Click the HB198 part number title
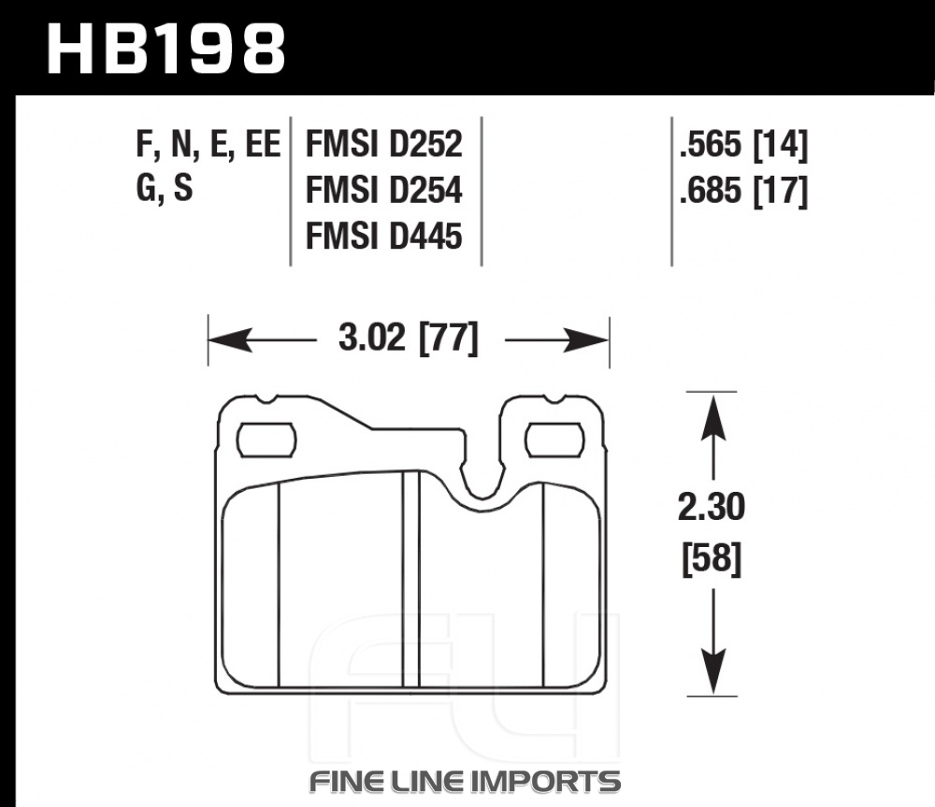tap(165, 49)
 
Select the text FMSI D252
tap(383, 144)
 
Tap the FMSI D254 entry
tap(383, 190)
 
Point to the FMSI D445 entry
tap(383, 236)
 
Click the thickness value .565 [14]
tap(743, 145)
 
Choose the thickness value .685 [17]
tap(743, 192)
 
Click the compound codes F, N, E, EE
tap(209, 145)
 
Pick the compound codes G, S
tap(165, 188)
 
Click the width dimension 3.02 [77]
tap(409, 339)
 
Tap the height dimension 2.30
tap(712, 507)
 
